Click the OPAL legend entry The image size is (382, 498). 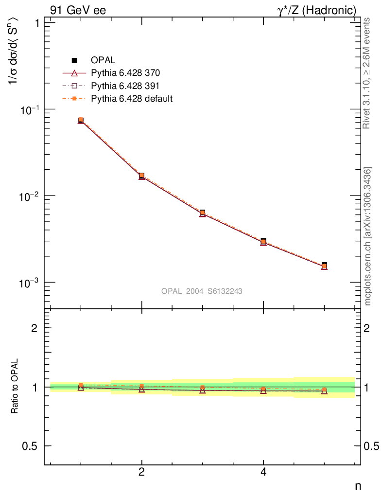[x=103, y=60]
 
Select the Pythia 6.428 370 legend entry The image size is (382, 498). [x=125, y=73]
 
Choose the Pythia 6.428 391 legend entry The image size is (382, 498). [x=125, y=86]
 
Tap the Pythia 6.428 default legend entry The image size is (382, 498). [x=132, y=99]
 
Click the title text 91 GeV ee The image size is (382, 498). [x=78, y=10]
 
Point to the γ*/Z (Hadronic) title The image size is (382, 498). [x=317, y=10]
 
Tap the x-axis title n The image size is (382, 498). [x=358, y=485]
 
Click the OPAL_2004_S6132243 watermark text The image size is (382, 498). [x=202, y=291]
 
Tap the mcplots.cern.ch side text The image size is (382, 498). [x=368, y=236]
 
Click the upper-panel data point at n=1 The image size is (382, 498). [x=81, y=120]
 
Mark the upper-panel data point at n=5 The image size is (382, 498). [x=324, y=266]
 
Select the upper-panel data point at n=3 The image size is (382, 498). [x=202, y=213]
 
